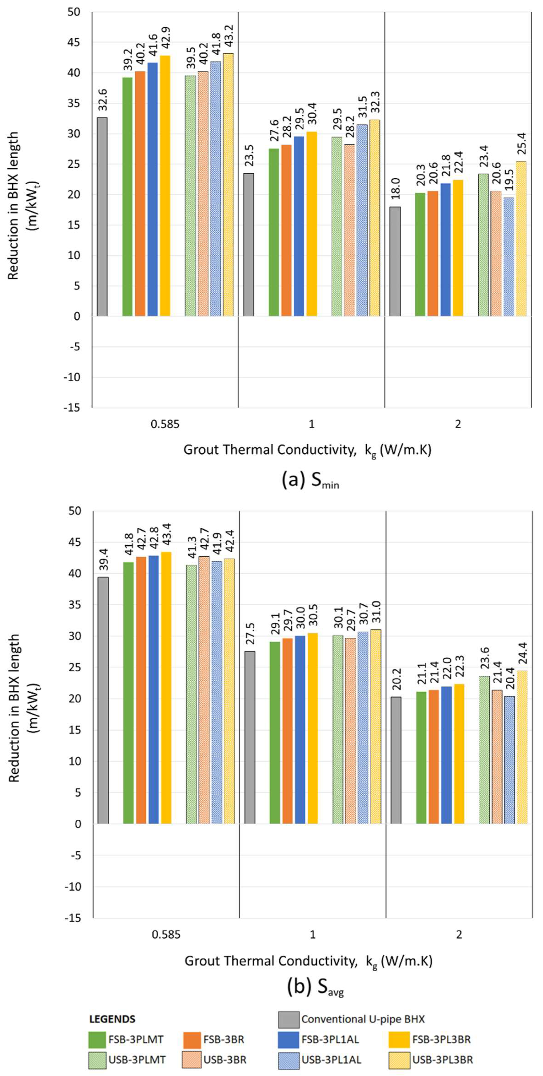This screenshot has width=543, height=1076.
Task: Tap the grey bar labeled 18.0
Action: coord(395,261)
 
